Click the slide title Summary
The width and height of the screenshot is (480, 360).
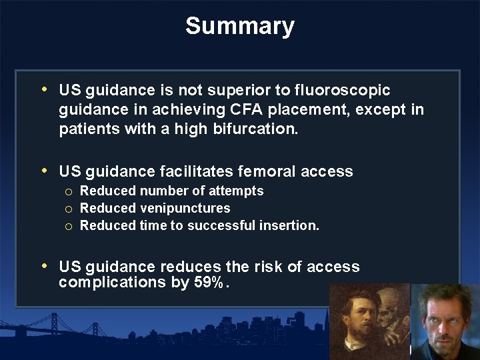240,27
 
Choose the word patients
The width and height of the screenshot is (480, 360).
89,129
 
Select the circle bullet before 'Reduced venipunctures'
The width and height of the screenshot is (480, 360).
69,209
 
